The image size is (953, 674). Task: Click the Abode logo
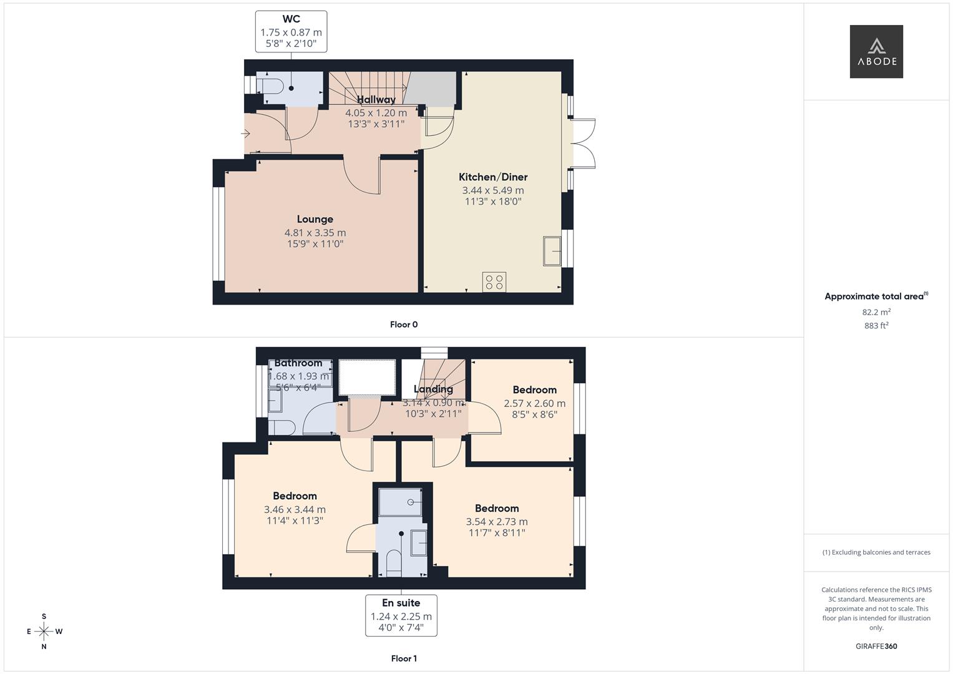(x=876, y=51)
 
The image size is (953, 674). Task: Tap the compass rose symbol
(x=44, y=632)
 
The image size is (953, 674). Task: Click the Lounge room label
(x=315, y=219)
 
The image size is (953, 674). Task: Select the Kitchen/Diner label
(x=493, y=177)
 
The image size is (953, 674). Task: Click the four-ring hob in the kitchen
(x=494, y=282)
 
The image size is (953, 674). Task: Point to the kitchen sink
(x=552, y=251)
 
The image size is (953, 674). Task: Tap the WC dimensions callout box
(x=291, y=31)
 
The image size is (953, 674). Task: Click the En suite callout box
(x=401, y=615)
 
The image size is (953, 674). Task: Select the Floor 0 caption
(x=404, y=325)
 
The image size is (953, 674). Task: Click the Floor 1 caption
(x=404, y=658)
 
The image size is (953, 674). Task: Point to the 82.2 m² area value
(x=876, y=312)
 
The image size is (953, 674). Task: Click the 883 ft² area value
(x=876, y=326)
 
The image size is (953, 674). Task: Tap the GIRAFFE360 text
(x=876, y=647)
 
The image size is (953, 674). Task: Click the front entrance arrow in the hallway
(x=245, y=134)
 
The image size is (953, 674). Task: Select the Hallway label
(x=376, y=100)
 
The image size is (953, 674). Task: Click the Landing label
(x=433, y=389)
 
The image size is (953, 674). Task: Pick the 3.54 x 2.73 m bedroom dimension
(x=497, y=522)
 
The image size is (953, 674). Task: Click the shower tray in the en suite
(x=400, y=502)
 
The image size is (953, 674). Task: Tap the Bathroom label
(x=298, y=363)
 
